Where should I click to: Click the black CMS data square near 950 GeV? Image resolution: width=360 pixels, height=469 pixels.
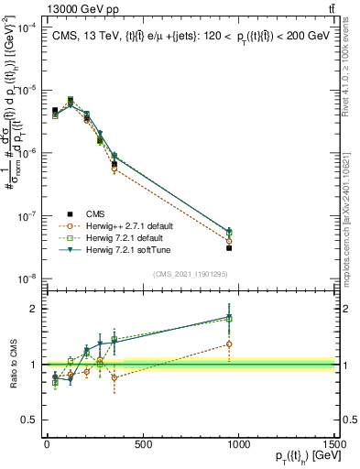tap(229, 248)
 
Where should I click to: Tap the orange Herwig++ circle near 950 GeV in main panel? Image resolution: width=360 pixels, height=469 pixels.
tap(229, 241)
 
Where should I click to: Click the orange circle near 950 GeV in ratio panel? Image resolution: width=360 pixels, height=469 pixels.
tap(229, 344)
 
